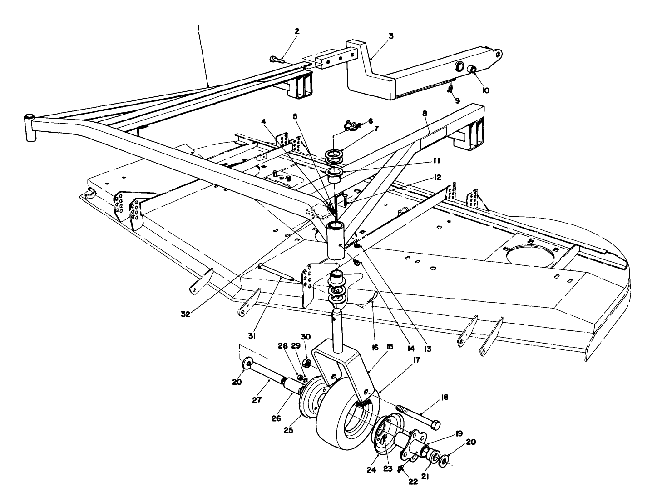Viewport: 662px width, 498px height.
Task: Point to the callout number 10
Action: click(x=485, y=90)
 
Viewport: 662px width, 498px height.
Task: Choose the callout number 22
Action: click(x=412, y=482)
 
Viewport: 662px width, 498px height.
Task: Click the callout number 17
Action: click(x=416, y=359)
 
